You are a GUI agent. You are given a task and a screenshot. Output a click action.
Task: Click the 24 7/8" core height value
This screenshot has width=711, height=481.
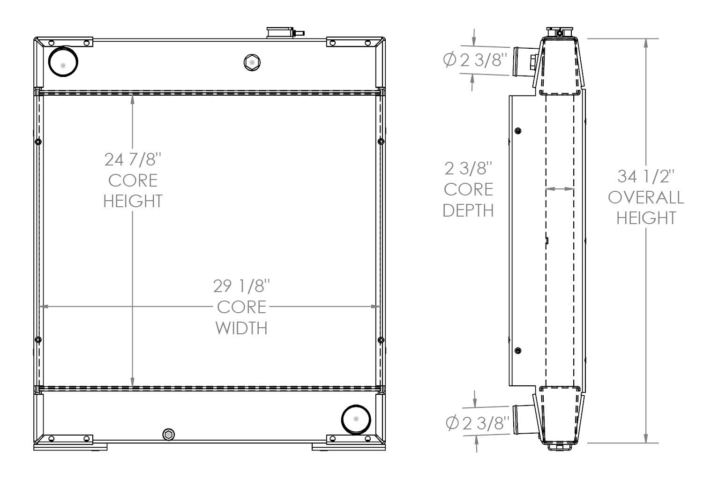[133, 160]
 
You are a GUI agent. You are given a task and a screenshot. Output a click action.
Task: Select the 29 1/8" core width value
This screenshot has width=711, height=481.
[242, 286]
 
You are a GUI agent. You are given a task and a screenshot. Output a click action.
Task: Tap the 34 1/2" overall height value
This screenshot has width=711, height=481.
[645, 177]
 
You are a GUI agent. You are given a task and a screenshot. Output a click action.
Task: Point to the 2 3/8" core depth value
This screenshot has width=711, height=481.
[468, 168]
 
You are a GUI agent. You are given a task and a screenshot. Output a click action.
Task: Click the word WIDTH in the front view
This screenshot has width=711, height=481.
[242, 328]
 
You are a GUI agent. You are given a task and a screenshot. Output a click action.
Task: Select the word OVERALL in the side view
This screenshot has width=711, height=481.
[645, 197]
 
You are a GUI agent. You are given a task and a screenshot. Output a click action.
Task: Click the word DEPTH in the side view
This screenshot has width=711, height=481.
[468, 210]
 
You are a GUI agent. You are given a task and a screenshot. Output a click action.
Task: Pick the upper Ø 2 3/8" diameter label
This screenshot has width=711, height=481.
[476, 60]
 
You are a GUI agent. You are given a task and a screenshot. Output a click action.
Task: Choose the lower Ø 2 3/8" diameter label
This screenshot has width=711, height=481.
[478, 423]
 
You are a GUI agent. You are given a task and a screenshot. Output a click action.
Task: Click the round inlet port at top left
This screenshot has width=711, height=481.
[63, 61]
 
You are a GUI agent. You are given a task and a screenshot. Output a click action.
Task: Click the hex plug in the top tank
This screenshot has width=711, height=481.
[252, 62]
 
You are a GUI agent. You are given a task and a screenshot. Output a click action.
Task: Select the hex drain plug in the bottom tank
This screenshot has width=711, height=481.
[168, 435]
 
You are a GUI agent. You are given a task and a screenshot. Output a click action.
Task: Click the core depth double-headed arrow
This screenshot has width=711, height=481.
[560, 189]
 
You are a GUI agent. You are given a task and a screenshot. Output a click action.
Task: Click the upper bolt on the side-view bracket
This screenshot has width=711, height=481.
[518, 130]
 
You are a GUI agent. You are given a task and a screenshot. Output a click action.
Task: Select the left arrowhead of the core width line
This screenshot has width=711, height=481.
[43, 307]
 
